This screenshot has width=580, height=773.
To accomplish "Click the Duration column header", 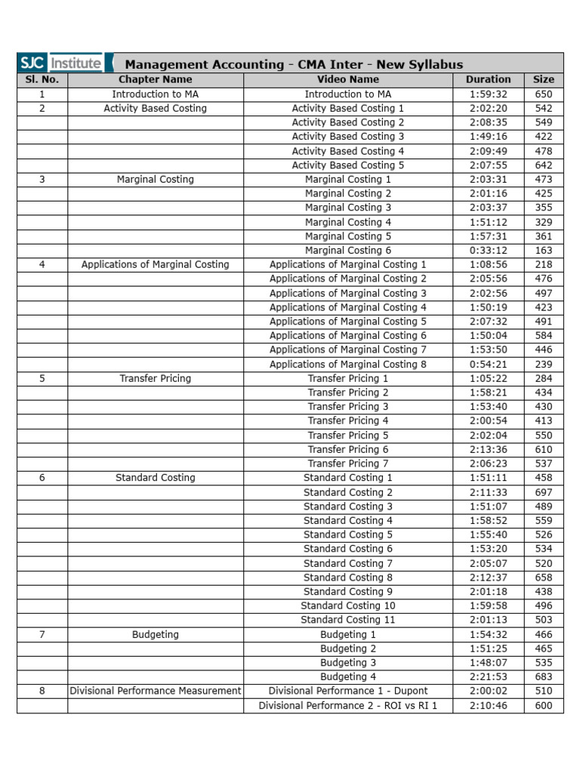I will (x=488, y=79).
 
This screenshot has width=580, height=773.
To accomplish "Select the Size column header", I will (x=543, y=79).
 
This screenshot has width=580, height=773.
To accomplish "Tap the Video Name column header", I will (x=348, y=79).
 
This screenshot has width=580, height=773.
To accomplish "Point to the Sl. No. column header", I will (x=42, y=79).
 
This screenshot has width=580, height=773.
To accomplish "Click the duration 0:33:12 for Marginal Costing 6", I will (x=488, y=251).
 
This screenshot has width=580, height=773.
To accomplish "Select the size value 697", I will (x=543, y=492).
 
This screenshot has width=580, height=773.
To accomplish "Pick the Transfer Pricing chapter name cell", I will (x=155, y=378).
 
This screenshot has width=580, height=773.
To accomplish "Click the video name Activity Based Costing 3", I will (x=348, y=137).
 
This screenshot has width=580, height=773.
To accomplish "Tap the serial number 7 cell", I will (x=42, y=635).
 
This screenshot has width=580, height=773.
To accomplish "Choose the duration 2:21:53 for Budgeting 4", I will (x=488, y=677).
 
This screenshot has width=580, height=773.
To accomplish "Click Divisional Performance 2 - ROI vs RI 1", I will (x=348, y=706).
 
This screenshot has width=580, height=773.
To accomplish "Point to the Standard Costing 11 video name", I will (x=348, y=620).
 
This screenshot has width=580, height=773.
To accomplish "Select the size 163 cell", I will (x=543, y=251).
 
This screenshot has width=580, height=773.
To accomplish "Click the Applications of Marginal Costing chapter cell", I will (x=155, y=265).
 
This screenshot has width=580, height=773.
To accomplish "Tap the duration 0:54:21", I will (x=488, y=365).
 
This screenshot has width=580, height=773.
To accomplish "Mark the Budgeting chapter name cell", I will (x=155, y=635).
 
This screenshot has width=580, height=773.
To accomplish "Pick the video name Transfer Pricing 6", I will (x=348, y=450).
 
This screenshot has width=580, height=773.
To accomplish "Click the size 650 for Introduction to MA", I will (x=543, y=94).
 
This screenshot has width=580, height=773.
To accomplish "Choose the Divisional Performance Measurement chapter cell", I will (x=155, y=691).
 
